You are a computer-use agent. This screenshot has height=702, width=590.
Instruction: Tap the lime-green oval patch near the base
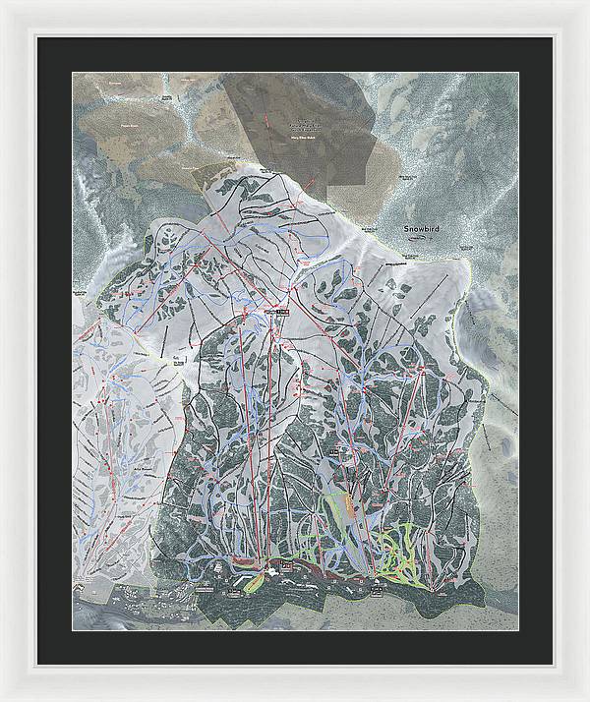point(254,582)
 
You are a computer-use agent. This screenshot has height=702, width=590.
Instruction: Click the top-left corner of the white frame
point(2,2)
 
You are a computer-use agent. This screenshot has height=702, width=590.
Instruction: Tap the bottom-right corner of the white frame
point(587,699)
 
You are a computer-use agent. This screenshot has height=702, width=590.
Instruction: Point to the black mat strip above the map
point(295,55)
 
